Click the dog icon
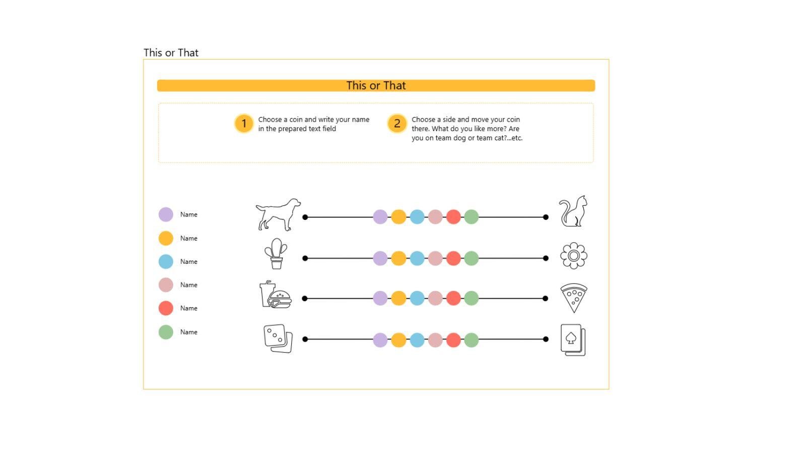tap(278, 215)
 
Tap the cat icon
tap(573, 211)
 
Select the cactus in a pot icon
tap(276, 254)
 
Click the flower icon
tap(574, 256)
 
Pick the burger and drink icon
tap(275, 295)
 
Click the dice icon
tap(278, 338)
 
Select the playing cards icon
tap(573, 340)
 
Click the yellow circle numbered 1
tap(244, 124)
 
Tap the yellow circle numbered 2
tap(397, 124)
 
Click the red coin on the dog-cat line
tap(453, 217)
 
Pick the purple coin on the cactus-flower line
tap(380, 258)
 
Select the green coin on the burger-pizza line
tap(472, 298)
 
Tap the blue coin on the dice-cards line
tap(417, 340)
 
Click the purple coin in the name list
tap(166, 214)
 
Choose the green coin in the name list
tap(166, 332)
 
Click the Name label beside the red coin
tap(188, 308)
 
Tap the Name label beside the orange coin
tap(188, 239)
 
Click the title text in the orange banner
tap(376, 86)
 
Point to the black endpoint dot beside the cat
tap(546, 217)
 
